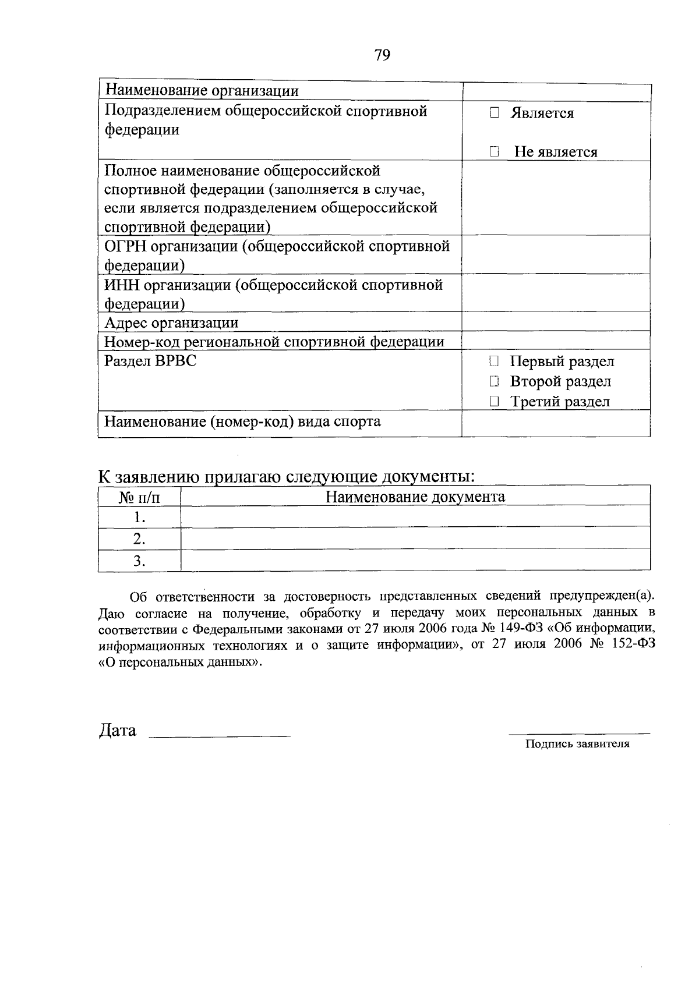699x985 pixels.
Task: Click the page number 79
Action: coord(383,55)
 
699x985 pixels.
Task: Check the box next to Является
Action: coord(495,113)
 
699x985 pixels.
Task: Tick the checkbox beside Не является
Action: coord(495,152)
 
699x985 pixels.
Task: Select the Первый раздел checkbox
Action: coord(495,362)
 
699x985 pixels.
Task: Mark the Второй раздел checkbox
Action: coord(495,382)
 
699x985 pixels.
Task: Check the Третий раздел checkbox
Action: coord(495,402)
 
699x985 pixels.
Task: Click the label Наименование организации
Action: coord(202,91)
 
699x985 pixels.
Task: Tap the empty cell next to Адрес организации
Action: coord(556,322)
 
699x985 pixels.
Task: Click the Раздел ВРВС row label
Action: coord(150,361)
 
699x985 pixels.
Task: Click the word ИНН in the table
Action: coord(122,285)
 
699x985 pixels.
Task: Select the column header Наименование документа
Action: coord(415,497)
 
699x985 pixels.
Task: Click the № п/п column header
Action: coord(139,497)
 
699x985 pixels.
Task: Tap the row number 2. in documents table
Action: coord(139,539)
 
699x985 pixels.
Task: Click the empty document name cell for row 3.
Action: coord(415,561)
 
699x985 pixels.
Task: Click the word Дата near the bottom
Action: coord(118,731)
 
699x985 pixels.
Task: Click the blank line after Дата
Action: coord(220,735)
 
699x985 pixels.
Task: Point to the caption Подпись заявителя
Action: coord(577,743)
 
